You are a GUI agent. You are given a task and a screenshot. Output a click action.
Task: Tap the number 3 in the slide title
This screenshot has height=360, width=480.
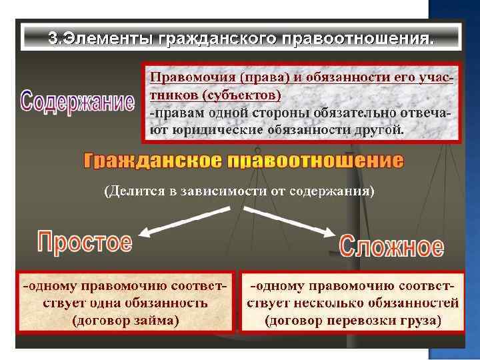pos(52,38)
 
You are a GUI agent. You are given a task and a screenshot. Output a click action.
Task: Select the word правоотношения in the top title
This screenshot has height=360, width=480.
pos(360,38)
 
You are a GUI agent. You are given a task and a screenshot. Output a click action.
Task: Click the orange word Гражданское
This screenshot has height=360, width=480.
pos(152,161)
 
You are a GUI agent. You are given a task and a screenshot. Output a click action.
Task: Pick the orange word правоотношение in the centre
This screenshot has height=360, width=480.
pos(315,161)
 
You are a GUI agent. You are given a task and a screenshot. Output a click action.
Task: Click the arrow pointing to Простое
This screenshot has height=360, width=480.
pos(169,221)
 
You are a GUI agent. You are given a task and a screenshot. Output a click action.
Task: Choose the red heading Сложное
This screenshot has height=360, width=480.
pos(391,246)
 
